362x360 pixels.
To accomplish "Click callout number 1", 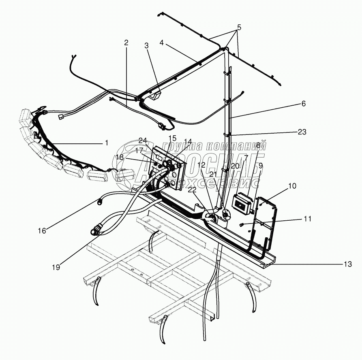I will point(107,143).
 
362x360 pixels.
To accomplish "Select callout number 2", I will point(126,42).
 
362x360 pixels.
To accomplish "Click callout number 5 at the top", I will point(239,28).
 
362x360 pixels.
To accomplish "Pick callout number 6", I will point(303,104).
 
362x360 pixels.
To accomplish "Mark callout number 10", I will point(293,186).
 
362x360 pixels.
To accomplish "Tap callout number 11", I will point(308,219).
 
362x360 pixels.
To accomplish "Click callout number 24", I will point(142,141).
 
